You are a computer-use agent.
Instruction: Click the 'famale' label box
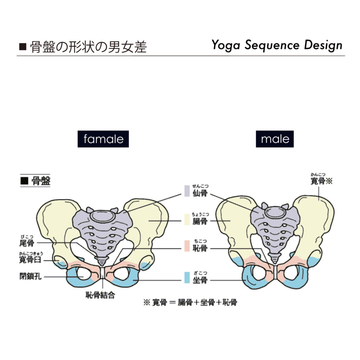pyautogui.click(x=103, y=139)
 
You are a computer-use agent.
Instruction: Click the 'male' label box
pyautogui.click(x=275, y=139)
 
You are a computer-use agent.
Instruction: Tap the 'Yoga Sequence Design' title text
pyautogui.click(x=277, y=45)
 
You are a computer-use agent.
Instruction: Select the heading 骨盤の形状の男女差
pyautogui.click(x=88, y=47)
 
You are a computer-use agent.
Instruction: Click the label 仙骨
pyautogui.click(x=200, y=193)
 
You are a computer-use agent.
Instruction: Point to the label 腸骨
pyautogui.click(x=200, y=221)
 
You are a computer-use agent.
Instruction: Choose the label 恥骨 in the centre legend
pyautogui.click(x=200, y=249)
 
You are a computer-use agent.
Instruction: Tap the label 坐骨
pyautogui.click(x=200, y=280)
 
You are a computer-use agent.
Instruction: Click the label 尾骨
pyautogui.click(x=27, y=243)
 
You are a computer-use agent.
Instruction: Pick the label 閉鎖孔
pyautogui.click(x=31, y=277)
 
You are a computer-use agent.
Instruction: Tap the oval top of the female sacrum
pyautogui.click(x=102, y=216)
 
